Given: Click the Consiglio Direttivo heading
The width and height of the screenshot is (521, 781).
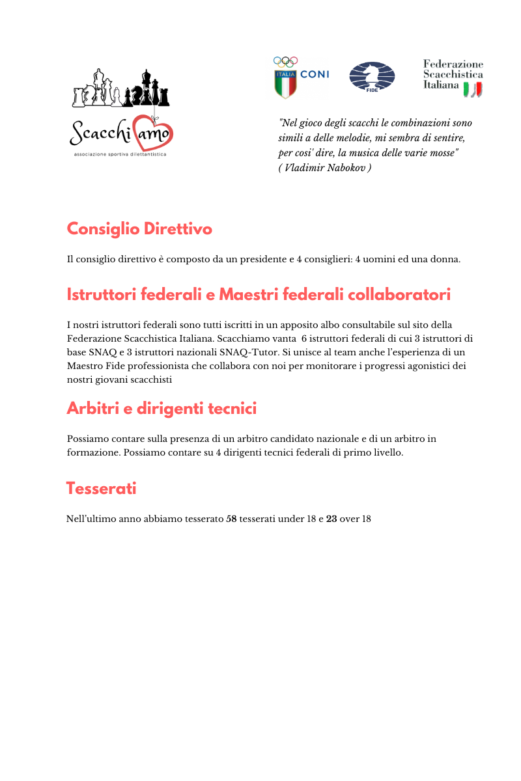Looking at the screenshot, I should [x=139, y=229].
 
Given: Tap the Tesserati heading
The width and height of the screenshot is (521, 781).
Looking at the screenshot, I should [x=101, y=488].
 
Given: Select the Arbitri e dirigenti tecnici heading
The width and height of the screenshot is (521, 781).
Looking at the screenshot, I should [x=162, y=409].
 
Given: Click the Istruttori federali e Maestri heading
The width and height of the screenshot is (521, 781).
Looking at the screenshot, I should [x=259, y=295].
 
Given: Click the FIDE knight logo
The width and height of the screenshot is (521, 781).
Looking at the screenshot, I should [x=372, y=77].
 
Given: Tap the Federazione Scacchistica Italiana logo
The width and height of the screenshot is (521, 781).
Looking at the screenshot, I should [x=453, y=77].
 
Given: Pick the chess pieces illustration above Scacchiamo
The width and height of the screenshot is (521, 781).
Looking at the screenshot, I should [x=121, y=89].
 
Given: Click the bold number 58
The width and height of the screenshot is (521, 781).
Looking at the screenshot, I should [x=231, y=519].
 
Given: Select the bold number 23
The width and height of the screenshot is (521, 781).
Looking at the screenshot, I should [x=331, y=519].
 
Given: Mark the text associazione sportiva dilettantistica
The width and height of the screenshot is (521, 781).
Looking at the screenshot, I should [x=120, y=155].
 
